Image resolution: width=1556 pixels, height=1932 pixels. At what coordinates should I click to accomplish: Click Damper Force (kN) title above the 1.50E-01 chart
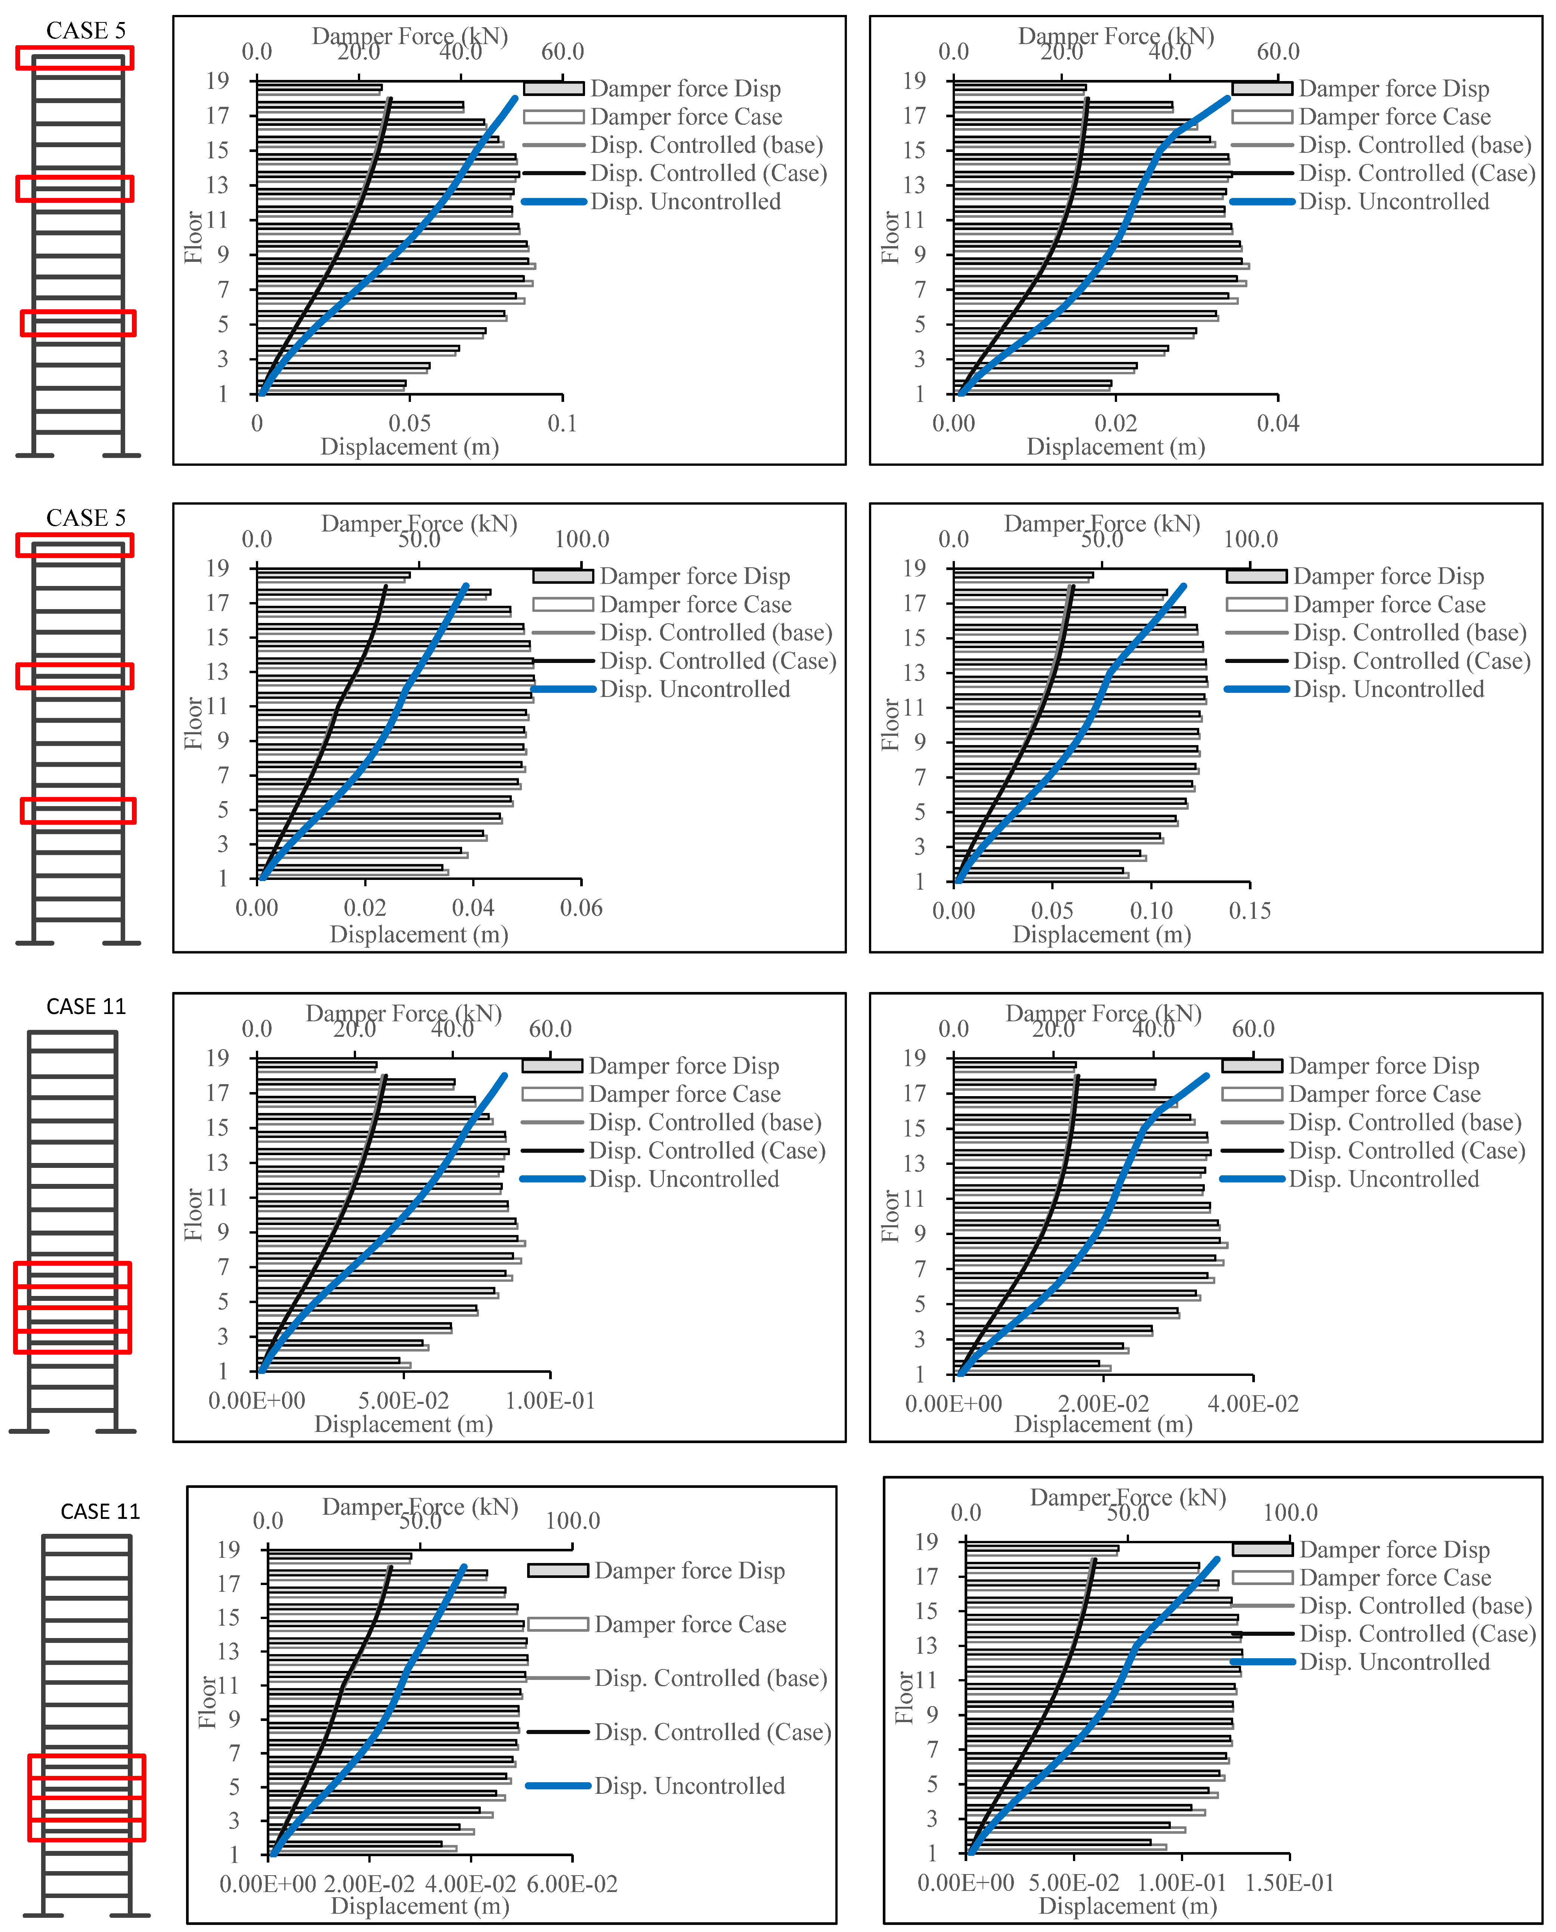click(x=1127, y=1497)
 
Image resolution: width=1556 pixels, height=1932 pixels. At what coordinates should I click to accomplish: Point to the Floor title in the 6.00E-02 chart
click(x=207, y=1702)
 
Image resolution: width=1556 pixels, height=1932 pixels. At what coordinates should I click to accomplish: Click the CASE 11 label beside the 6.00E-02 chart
click(x=100, y=1512)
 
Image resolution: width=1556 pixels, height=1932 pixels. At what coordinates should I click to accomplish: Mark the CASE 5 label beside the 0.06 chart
click(x=86, y=518)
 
